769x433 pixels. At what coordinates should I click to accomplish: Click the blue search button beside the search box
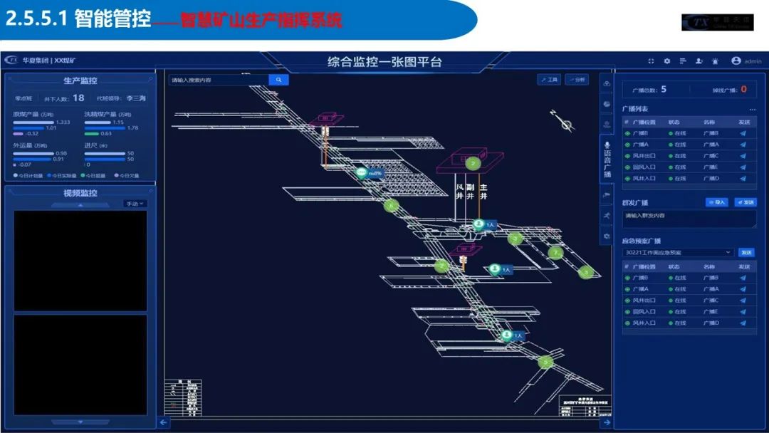click(x=278, y=80)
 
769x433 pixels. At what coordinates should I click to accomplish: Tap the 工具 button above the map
click(x=549, y=80)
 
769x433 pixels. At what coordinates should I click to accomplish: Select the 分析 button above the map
click(x=577, y=80)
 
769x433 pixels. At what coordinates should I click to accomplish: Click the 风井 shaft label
click(x=459, y=192)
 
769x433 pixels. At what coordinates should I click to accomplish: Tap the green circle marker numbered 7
click(x=556, y=252)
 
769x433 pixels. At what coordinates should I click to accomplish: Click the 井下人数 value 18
click(x=78, y=98)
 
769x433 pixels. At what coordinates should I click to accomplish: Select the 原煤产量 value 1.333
click(x=63, y=122)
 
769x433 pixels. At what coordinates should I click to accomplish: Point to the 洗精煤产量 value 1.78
click(x=132, y=127)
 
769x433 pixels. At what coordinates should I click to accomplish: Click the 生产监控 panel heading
click(x=80, y=81)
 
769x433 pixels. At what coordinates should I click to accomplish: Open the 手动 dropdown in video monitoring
click(x=135, y=204)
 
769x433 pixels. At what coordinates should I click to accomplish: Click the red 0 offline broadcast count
click(x=743, y=90)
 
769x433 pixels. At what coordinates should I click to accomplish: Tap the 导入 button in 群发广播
click(x=717, y=202)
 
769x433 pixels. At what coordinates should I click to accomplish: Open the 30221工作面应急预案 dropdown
click(x=677, y=252)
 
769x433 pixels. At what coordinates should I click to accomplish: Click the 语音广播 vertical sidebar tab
click(x=607, y=160)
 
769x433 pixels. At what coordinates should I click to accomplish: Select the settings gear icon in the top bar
click(x=667, y=61)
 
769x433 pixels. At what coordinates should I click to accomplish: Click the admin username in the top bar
click(x=753, y=62)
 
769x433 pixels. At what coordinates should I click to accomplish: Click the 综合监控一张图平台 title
click(x=384, y=62)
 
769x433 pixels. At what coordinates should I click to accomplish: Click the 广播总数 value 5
click(x=664, y=89)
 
